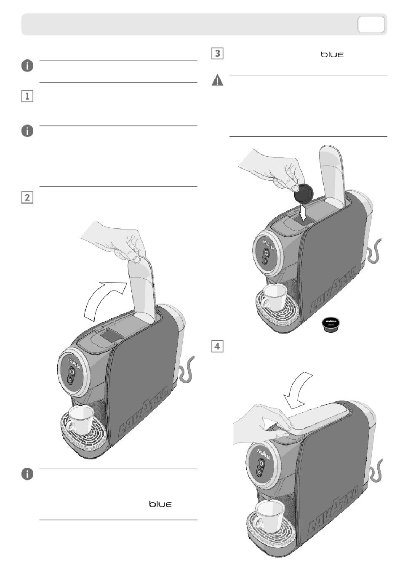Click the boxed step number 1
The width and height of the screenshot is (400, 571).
click(x=27, y=96)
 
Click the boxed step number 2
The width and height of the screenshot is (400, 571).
click(x=27, y=197)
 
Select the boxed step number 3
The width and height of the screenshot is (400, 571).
click(x=217, y=53)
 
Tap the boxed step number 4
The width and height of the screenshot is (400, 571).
click(x=217, y=346)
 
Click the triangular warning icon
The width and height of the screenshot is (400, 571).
click(x=217, y=80)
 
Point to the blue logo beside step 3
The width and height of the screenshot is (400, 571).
click(x=332, y=55)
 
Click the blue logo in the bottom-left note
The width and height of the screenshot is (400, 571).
click(x=160, y=504)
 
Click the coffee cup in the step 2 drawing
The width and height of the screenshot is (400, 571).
click(x=80, y=419)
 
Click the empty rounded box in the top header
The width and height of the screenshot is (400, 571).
click(x=371, y=24)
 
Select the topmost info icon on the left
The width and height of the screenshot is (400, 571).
click(x=27, y=66)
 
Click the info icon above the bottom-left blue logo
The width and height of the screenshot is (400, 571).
click(x=27, y=474)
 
